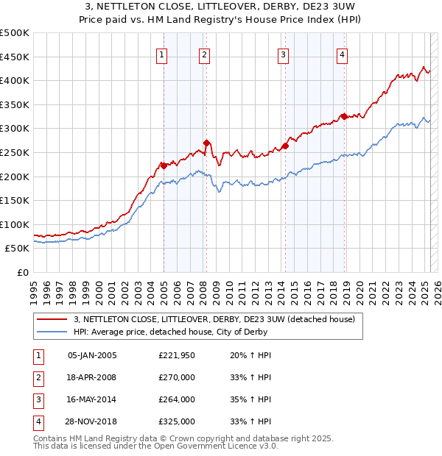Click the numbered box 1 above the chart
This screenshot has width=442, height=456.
[161, 54]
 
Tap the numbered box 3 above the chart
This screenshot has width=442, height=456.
[283, 54]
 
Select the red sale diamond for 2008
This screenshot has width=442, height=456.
[207, 143]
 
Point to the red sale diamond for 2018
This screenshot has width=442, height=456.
[344, 116]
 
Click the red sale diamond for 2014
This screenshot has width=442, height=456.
[285, 146]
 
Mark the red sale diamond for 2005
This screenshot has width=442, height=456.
[164, 165]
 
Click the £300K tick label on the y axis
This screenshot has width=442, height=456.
[15, 129]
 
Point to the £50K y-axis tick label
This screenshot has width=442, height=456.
[18, 249]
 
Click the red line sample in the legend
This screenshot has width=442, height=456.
[52, 319]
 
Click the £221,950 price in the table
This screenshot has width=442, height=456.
[176, 355]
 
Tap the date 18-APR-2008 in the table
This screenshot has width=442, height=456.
[92, 377]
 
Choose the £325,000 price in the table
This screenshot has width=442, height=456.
[176, 421]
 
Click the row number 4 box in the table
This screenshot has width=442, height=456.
[38, 421]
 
